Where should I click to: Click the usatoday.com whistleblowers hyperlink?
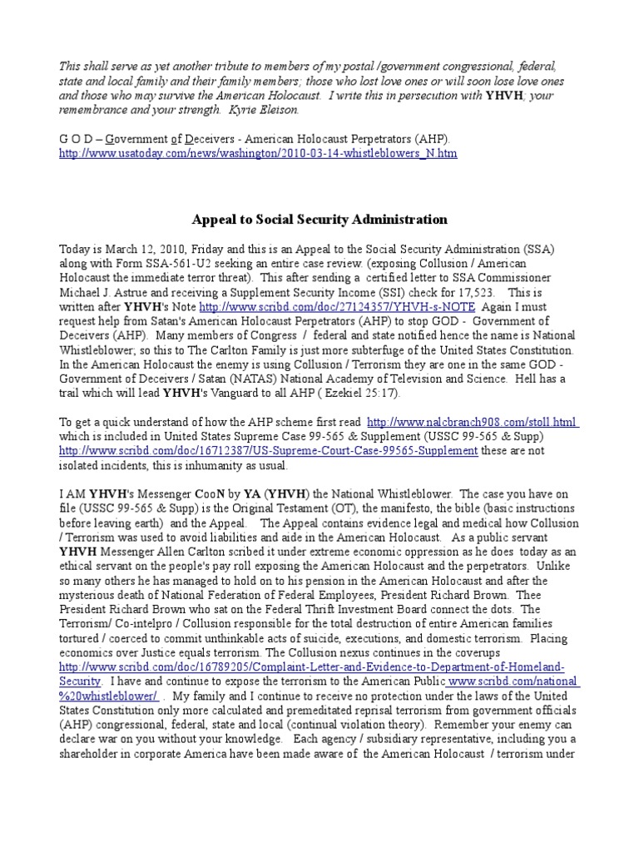pos(259,154)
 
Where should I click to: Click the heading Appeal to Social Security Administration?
pos(319,220)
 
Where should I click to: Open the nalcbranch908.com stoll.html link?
pos(473,422)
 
